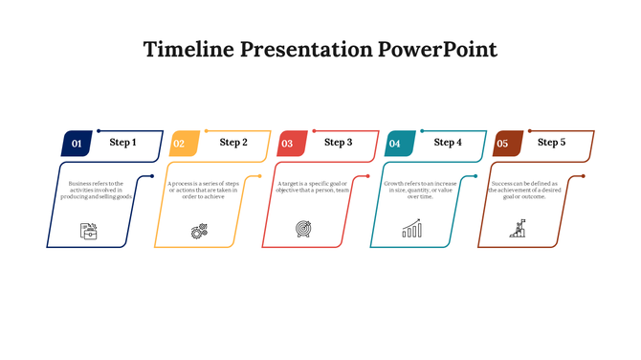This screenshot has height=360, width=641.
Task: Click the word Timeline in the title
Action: pyautogui.click(x=187, y=50)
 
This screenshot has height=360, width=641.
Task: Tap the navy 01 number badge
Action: pyautogui.click(x=77, y=144)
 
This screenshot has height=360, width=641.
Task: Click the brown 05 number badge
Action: pyautogui.click(x=502, y=144)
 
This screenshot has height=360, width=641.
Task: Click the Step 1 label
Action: pyautogui.click(x=122, y=143)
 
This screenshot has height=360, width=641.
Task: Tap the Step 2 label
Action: pyautogui.click(x=233, y=143)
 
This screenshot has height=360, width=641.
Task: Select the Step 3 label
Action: pyautogui.click(x=339, y=143)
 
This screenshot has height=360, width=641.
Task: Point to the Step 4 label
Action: pyautogui.click(x=448, y=143)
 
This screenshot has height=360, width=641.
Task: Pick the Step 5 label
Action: pyautogui.click(x=551, y=143)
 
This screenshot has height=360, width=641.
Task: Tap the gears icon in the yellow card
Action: pyautogui.click(x=199, y=230)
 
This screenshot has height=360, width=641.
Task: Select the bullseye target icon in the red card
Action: pyautogui.click(x=303, y=230)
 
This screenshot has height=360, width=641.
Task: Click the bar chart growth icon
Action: pyautogui.click(x=411, y=230)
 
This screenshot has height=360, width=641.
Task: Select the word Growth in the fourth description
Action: pyautogui.click(x=396, y=183)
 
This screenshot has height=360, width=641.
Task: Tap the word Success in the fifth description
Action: pyautogui.click(x=504, y=183)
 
